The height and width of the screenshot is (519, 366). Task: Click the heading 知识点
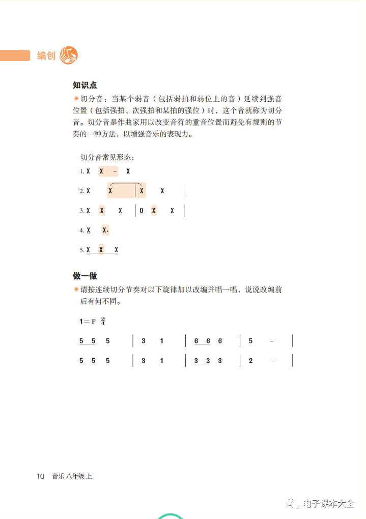click(85, 85)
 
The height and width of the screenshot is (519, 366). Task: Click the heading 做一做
click(85, 276)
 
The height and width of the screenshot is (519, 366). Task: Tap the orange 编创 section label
click(46, 55)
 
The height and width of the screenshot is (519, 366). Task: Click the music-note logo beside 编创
click(69, 54)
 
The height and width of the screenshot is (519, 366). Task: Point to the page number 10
click(41, 476)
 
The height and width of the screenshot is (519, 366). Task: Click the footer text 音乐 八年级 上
click(72, 476)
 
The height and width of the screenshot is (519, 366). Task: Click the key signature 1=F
click(88, 321)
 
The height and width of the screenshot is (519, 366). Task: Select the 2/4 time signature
click(103, 321)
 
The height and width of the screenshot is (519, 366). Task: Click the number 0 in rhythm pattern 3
click(142, 211)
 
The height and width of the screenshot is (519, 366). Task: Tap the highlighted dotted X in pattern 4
click(105, 230)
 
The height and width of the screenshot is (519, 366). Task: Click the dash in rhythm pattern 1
click(116, 171)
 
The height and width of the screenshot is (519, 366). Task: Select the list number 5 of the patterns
click(81, 250)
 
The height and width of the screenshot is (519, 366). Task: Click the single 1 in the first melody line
click(162, 341)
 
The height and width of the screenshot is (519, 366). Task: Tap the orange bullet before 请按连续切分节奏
click(76, 289)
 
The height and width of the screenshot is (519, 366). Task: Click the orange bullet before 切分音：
click(76, 98)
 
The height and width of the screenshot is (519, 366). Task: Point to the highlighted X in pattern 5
click(101, 250)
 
